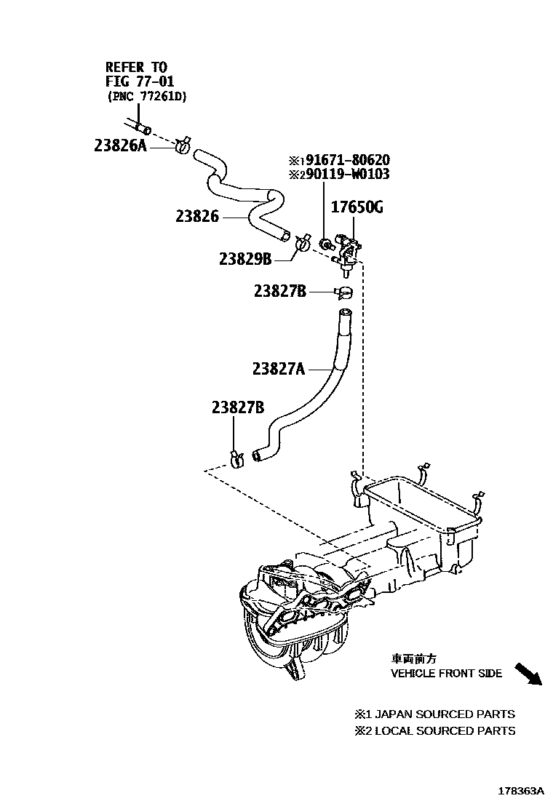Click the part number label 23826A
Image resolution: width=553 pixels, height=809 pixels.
click(120, 145)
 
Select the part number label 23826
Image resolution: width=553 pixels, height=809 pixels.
click(196, 216)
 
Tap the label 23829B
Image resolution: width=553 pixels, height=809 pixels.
click(245, 259)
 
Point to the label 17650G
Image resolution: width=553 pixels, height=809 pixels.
click(357, 209)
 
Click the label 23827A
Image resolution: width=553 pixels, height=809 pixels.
click(279, 369)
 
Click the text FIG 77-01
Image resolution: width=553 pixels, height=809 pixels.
click(140, 81)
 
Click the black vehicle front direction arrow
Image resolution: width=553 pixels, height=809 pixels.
click(528, 674)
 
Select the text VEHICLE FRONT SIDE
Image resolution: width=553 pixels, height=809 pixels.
click(446, 674)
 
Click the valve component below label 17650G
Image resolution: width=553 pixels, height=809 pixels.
click(346, 251)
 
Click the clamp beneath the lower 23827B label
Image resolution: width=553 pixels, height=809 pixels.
click(236, 459)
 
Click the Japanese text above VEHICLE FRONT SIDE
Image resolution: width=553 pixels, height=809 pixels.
click(413, 658)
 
